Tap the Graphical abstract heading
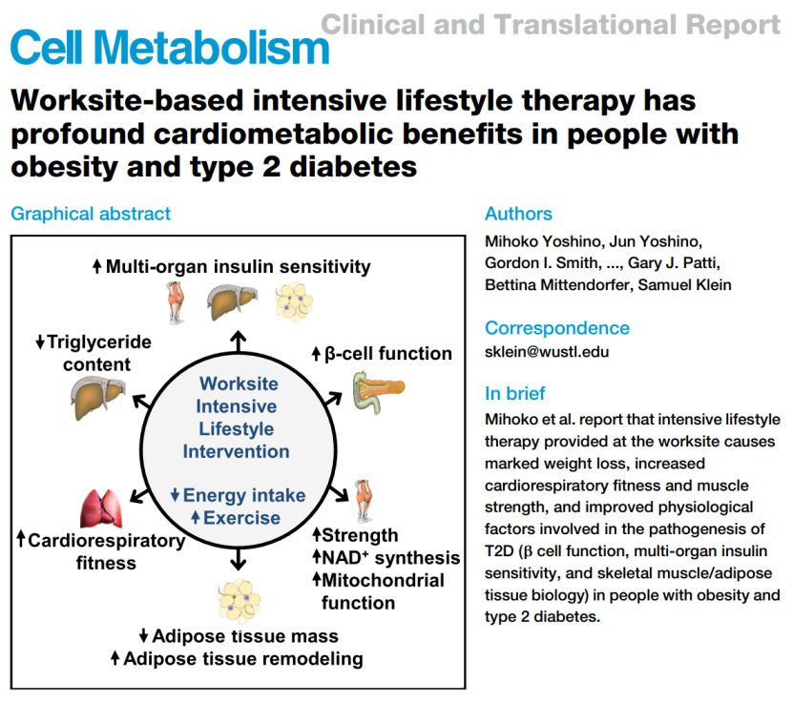coord(91,214)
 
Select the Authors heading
coord(518,214)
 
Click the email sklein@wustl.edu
coord(547,351)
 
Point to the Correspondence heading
coord(557,328)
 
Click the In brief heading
coord(515,393)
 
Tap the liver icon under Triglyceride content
coord(98,395)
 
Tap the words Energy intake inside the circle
coord(244,495)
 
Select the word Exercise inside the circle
coord(242,518)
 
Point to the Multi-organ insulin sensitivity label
coord(238,267)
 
